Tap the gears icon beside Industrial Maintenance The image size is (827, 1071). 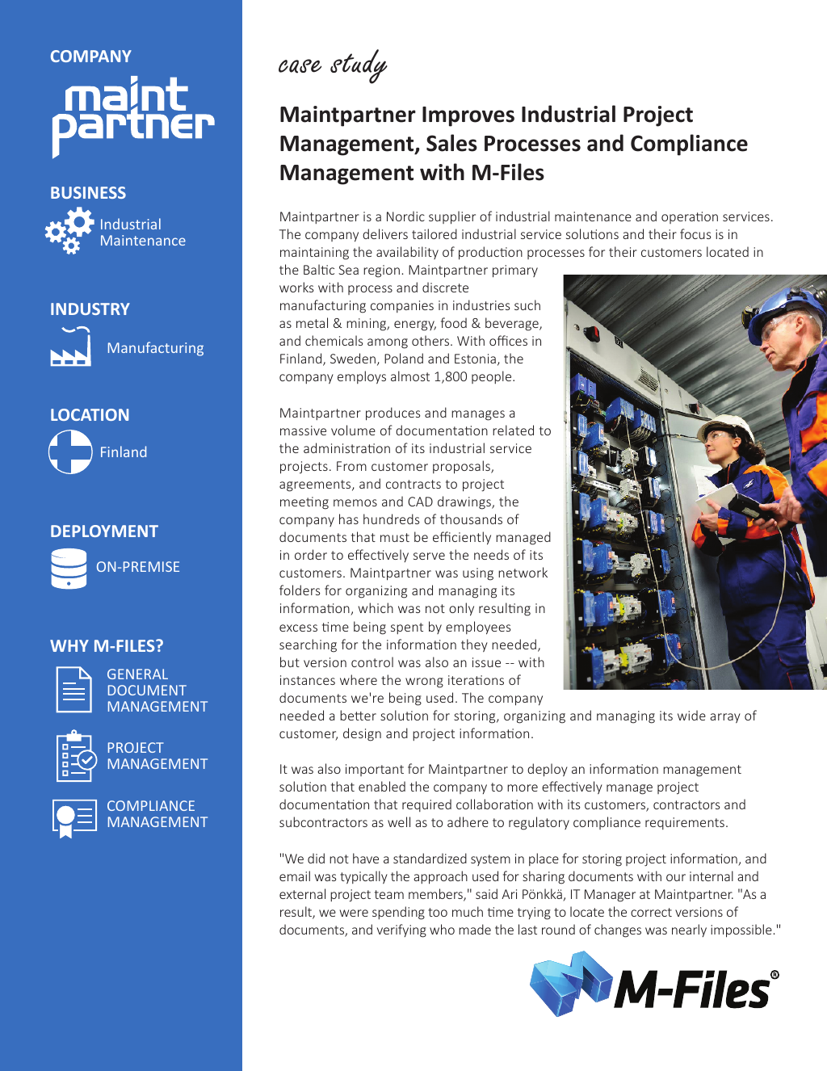tap(69, 231)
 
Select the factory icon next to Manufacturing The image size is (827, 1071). tap(70, 348)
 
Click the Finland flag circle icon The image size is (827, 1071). tap(70, 451)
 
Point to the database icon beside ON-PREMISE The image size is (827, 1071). tap(69, 568)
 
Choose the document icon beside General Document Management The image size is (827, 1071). tap(73, 690)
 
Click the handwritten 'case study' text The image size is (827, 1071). tap(332, 65)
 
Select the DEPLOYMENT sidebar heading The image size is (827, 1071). tap(104, 531)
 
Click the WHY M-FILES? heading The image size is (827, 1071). tap(107, 646)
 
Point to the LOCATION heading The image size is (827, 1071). tap(90, 415)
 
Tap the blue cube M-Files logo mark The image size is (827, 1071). tap(570, 983)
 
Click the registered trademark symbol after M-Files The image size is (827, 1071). tap(775, 976)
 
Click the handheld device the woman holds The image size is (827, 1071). tap(747, 506)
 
